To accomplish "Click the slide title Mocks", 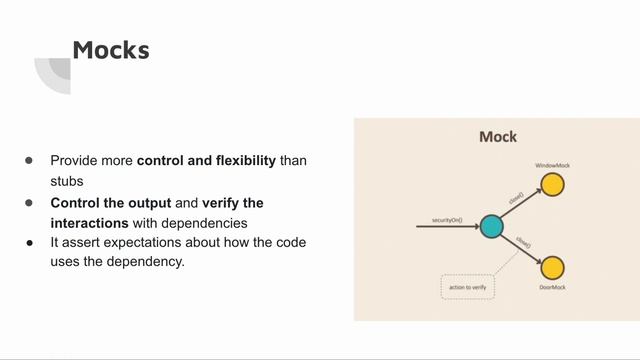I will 111,49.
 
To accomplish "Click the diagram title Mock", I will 497,137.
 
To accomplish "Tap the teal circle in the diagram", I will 490,227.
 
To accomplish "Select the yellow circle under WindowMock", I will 552,185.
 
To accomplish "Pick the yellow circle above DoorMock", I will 552,268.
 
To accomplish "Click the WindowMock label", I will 552,164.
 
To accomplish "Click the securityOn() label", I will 447,220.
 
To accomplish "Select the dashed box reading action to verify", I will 468,287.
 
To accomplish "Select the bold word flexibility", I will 240,160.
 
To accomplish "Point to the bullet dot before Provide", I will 30,160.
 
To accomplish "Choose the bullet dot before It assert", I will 30,243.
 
